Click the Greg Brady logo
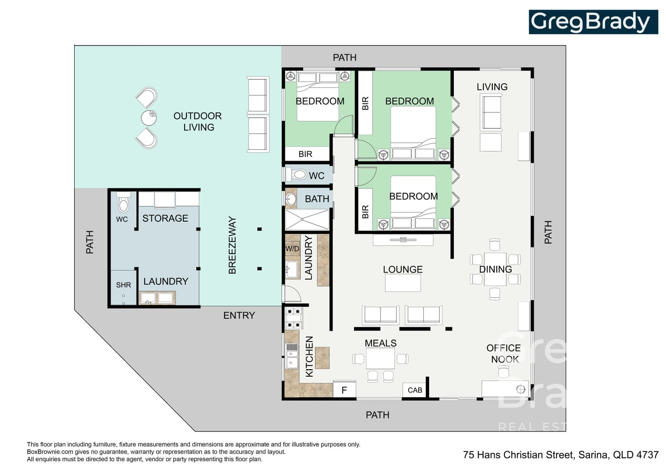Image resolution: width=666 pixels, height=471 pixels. click(x=593, y=22)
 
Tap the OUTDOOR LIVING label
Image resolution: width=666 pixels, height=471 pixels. click(x=198, y=121)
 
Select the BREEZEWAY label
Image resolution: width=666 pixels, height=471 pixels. click(x=232, y=245)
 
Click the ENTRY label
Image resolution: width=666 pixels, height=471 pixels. click(x=239, y=315)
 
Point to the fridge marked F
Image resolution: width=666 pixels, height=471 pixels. click(x=344, y=390)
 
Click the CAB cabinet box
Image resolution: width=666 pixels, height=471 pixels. click(x=415, y=390)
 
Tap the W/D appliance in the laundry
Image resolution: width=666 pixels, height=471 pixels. click(x=293, y=248)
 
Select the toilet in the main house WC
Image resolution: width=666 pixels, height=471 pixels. click(x=295, y=175)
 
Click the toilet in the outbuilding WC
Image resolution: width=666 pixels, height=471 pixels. click(x=123, y=202)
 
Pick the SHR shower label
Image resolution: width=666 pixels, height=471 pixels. click(x=123, y=285)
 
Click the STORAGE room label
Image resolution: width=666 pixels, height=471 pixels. click(x=166, y=218)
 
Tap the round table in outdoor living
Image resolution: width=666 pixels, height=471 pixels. click(x=148, y=118)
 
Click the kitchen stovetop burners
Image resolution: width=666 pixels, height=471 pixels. click(x=294, y=318)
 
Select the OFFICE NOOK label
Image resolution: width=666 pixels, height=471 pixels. click(x=504, y=353)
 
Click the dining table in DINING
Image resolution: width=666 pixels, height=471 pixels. click(x=495, y=269)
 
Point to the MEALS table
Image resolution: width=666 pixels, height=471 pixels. click(x=380, y=359)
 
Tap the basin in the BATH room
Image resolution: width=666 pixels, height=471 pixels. click(x=291, y=199)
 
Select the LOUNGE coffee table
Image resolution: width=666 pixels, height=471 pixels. click(x=403, y=283)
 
